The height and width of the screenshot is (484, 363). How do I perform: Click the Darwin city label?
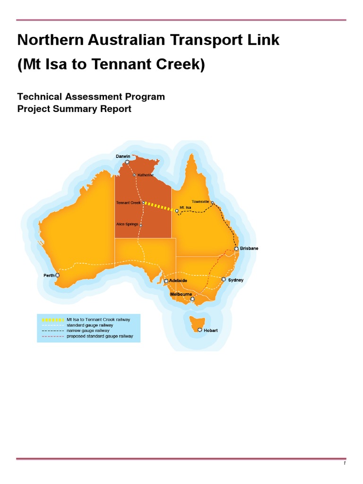click(x=123, y=156)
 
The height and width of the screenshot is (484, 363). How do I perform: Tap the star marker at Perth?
click(x=58, y=275)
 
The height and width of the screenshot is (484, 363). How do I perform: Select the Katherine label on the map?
click(x=146, y=175)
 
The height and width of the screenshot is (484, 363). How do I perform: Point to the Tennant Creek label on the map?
click(x=129, y=203)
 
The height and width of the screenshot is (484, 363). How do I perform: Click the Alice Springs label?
click(x=127, y=224)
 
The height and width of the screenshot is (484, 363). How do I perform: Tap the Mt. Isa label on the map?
click(x=185, y=207)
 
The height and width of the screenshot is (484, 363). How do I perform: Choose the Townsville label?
click(x=200, y=202)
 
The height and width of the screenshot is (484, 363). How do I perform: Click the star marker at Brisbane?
click(x=236, y=249)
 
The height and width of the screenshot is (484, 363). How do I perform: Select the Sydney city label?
click(x=236, y=280)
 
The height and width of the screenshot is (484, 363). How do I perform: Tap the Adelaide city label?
click(x=178, y=281)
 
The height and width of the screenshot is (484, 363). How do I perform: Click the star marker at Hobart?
click(x=200, y=330)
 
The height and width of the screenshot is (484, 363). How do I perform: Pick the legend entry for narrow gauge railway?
click(x=88, y=331)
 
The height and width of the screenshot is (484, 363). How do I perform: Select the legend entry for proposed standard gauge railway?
click(x=100, y=337)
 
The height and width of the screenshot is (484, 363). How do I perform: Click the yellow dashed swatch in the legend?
click(x=52, y=320)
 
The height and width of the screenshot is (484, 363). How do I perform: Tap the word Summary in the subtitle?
click(x=73, y=109)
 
